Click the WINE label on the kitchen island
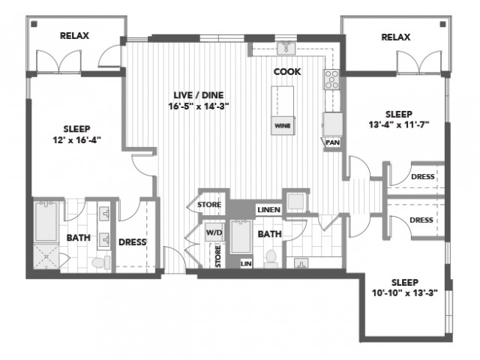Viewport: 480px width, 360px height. (x=283, y=125)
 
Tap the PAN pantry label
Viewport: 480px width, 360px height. (x=332, y=142)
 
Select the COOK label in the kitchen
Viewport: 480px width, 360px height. (x=287, y=72)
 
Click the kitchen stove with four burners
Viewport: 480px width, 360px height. (x=331, y=79)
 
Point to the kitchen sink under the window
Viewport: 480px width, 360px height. (x=286, y=48)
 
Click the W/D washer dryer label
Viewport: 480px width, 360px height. (x=214, y=232)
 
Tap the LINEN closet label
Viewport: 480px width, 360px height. (x=268, y=210)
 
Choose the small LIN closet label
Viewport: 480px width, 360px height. (x=246, y=263)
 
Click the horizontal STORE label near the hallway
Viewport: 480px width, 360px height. (x=209, y=205)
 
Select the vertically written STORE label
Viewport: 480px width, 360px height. (x=218, y=256)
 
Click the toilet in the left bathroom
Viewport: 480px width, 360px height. (x=101, y=262)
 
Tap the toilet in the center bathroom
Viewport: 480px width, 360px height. (x=271, y=259)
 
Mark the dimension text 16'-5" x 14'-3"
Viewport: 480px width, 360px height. (x=199, y=106)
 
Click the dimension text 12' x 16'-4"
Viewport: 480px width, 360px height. (x=76, y=140)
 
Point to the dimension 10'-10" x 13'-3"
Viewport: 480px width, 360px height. (x=405, y=293)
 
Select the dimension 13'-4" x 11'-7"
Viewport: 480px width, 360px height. (x=398, y=125)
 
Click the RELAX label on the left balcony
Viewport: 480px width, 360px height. (x=74, y=36)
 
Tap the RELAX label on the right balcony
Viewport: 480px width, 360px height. (x=395, y=37)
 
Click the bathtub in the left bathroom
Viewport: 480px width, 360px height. (x=46, y=221)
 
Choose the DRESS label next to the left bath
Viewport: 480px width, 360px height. (x=133, y=242)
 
